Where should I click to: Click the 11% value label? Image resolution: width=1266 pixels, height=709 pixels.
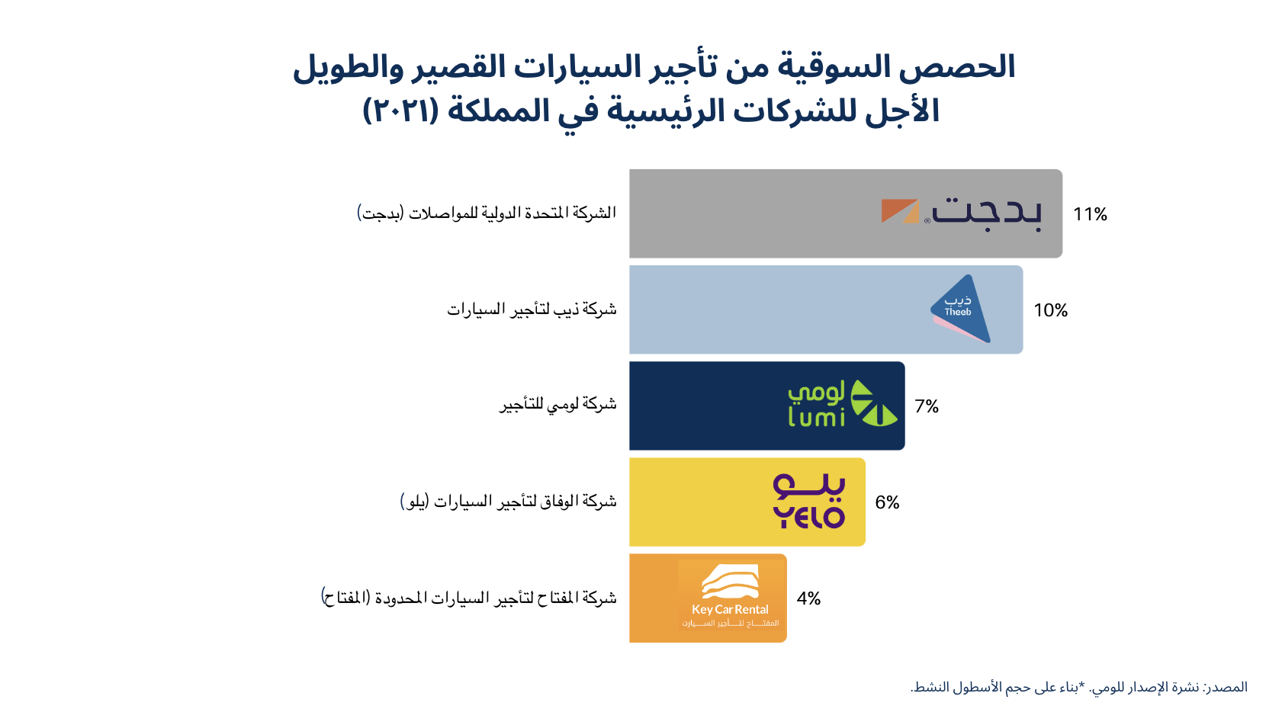pyautogui.click(x=1090, y=214)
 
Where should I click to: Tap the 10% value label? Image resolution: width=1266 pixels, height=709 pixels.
pyautogui.click(x=1050, y=310)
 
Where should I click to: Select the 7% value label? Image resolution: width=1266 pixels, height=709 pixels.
pyautogui.click(x=927, y=406)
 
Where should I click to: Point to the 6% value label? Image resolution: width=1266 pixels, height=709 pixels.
pyautogui.click(x=887, y=502)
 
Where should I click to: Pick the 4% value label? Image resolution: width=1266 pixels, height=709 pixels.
pyautogui.click(x=808, y=598)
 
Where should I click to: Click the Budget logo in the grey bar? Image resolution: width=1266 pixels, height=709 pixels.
pyautogui.click(x=962, y=213)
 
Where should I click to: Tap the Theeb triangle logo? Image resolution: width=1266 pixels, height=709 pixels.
pyautogui.click(x=960, y=309)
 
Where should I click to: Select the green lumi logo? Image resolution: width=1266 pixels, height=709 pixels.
pyautogui.click(x=843, y=403)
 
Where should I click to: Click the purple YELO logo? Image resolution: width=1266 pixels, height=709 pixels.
pyautogui.click(x=808, y=501)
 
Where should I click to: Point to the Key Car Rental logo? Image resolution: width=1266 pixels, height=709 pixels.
pyautogui.click(x=730, y=595)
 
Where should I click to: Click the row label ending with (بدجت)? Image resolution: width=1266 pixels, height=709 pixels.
pyautogui.click(x=487, y=213)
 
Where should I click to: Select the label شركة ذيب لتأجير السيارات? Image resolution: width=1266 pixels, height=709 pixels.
pyautogui.click(x=532, y=310)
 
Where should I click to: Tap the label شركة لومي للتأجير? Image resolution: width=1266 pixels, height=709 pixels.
pyautogui.click(x=557, y=405)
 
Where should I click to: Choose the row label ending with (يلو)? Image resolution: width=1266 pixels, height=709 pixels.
pyautogui.click(x=508, y=501)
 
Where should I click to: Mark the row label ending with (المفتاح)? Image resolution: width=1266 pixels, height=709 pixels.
pyautogui.click(x=468, y=597)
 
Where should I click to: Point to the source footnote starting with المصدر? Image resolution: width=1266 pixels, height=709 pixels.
pyautogui.click(x=1078, y=688)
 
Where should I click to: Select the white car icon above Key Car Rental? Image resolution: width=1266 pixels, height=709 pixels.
pyautogui.click(x=730, y=582)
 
